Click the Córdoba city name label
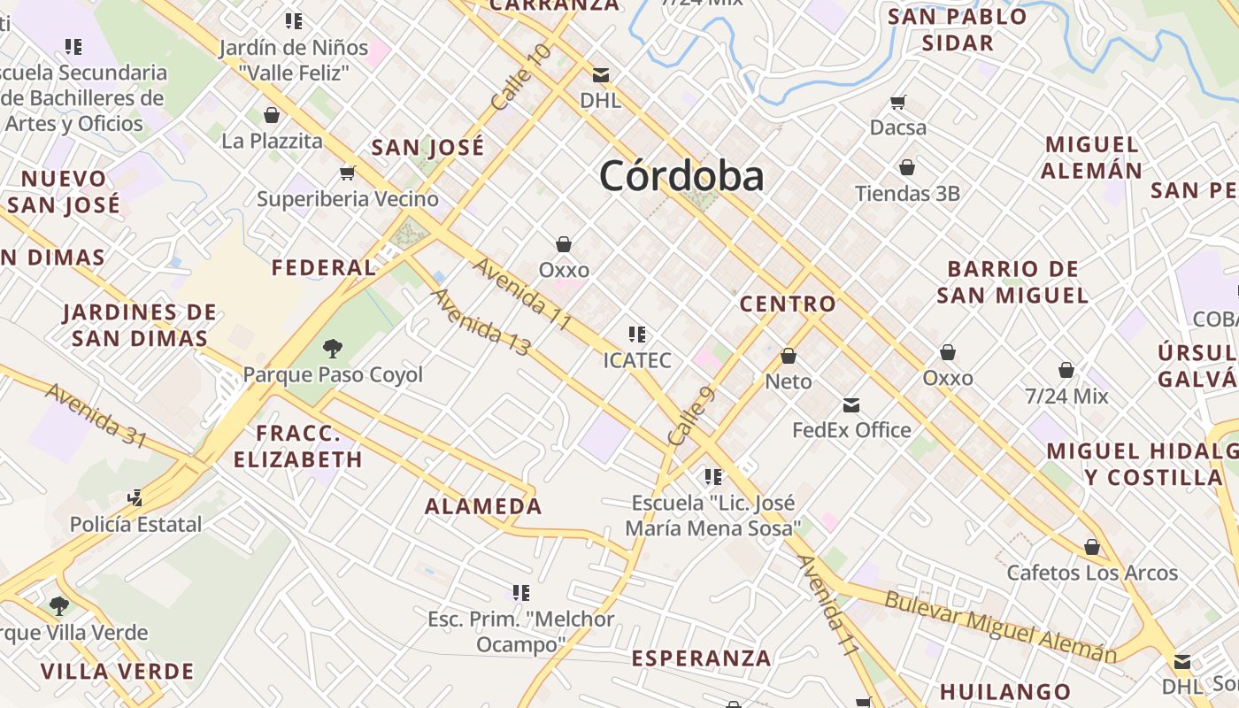681,176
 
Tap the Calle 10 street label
521,78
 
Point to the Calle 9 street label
691,417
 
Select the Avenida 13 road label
481,321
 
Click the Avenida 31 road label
96,415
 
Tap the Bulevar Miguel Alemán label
1000,627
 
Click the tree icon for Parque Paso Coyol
333,348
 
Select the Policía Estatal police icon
135,498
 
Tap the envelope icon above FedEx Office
851,405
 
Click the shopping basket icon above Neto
788,356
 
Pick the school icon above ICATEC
636,335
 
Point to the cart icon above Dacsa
898,102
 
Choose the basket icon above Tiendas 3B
907,167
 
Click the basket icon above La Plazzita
272,115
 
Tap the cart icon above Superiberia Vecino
347,173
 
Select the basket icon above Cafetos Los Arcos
1092,547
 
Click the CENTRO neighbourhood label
788,304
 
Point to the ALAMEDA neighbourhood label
483,506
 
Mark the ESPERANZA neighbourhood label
701,658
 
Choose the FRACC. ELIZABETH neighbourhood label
298,447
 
